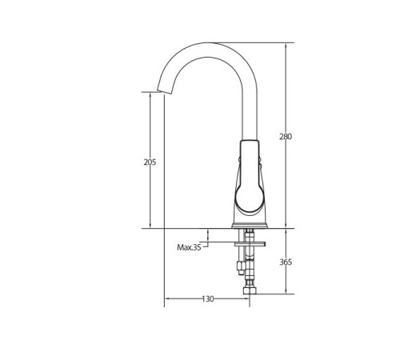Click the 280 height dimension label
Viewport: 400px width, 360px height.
tap(286, 137)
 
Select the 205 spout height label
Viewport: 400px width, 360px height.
tap(150, 162)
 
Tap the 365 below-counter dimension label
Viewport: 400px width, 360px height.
tap(286, 262)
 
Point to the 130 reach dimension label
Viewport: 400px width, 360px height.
tap(208, 299)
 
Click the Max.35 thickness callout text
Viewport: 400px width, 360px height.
tap(189, 247)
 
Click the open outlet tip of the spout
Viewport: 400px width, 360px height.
tap(164, 92)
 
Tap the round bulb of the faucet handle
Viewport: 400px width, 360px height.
tap(249, 198)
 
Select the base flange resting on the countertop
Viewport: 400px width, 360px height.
tap(250, 226)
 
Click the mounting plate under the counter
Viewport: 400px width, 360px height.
tap(250, 244)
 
